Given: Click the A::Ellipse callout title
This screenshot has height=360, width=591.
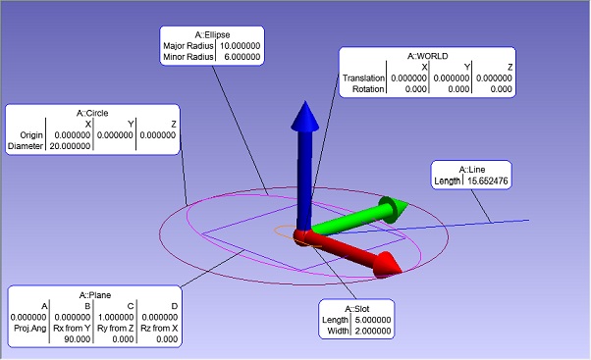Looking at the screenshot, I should point(210,34).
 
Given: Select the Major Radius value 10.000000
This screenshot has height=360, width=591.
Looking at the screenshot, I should point(236,46).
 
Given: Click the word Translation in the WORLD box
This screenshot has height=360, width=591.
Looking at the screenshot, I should point(362,78).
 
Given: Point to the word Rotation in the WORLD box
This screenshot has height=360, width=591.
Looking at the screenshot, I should point(367,90).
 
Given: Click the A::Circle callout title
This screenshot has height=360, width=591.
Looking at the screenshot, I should point(92,113).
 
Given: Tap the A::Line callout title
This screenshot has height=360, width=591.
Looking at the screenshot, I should point(470,169).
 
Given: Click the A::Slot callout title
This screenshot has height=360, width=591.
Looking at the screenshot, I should point(355,308).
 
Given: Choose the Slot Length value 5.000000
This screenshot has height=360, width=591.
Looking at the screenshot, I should point(370,319).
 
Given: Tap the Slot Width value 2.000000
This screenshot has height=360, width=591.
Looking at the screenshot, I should point(370,331).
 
